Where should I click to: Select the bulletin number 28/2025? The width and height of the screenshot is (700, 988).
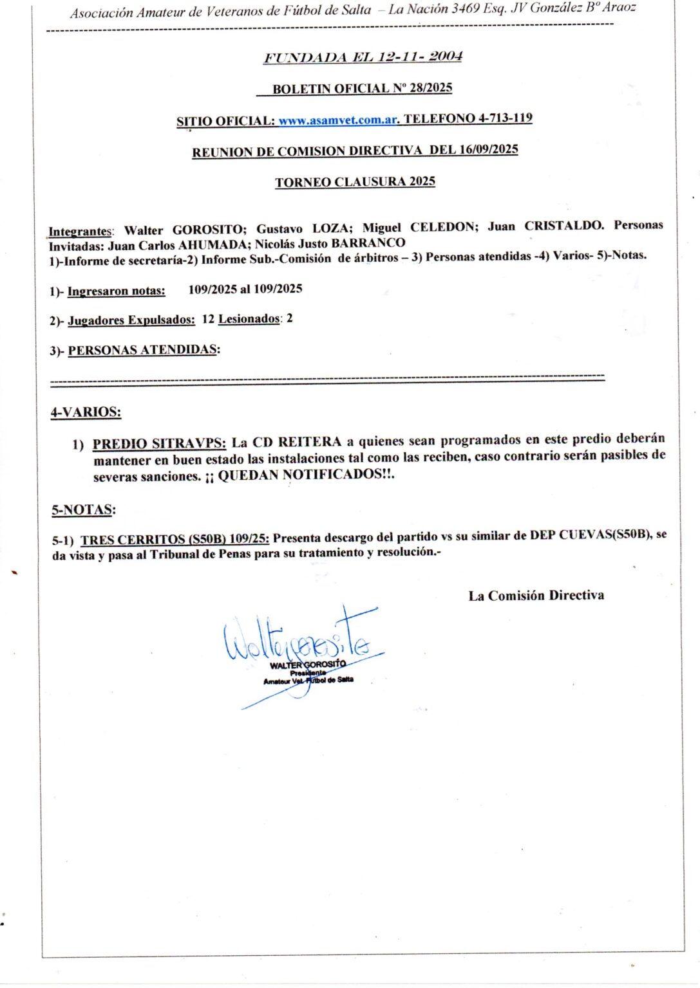click(x=431, y=87)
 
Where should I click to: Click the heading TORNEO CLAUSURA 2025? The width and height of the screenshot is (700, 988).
click(x=355, y=182)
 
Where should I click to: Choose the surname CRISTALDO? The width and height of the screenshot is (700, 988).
click(x=563, y=226)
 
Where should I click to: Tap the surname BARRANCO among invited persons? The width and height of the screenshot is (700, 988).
click(x=368, y=243)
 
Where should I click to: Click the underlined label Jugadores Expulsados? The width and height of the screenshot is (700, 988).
click(x=131, y=320)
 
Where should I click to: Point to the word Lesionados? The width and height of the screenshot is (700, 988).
click(x=249, y=319)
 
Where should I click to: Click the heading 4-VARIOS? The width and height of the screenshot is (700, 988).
click(x=86, y=412)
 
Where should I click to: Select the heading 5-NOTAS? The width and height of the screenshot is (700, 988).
click(x=84, y=510)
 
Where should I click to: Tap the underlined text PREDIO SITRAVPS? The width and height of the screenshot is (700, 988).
click(x=159, y=443)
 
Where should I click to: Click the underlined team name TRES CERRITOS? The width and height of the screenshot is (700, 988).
click(x=133, y=540)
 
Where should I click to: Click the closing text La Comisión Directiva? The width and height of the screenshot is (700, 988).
click(x=536, y=596)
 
